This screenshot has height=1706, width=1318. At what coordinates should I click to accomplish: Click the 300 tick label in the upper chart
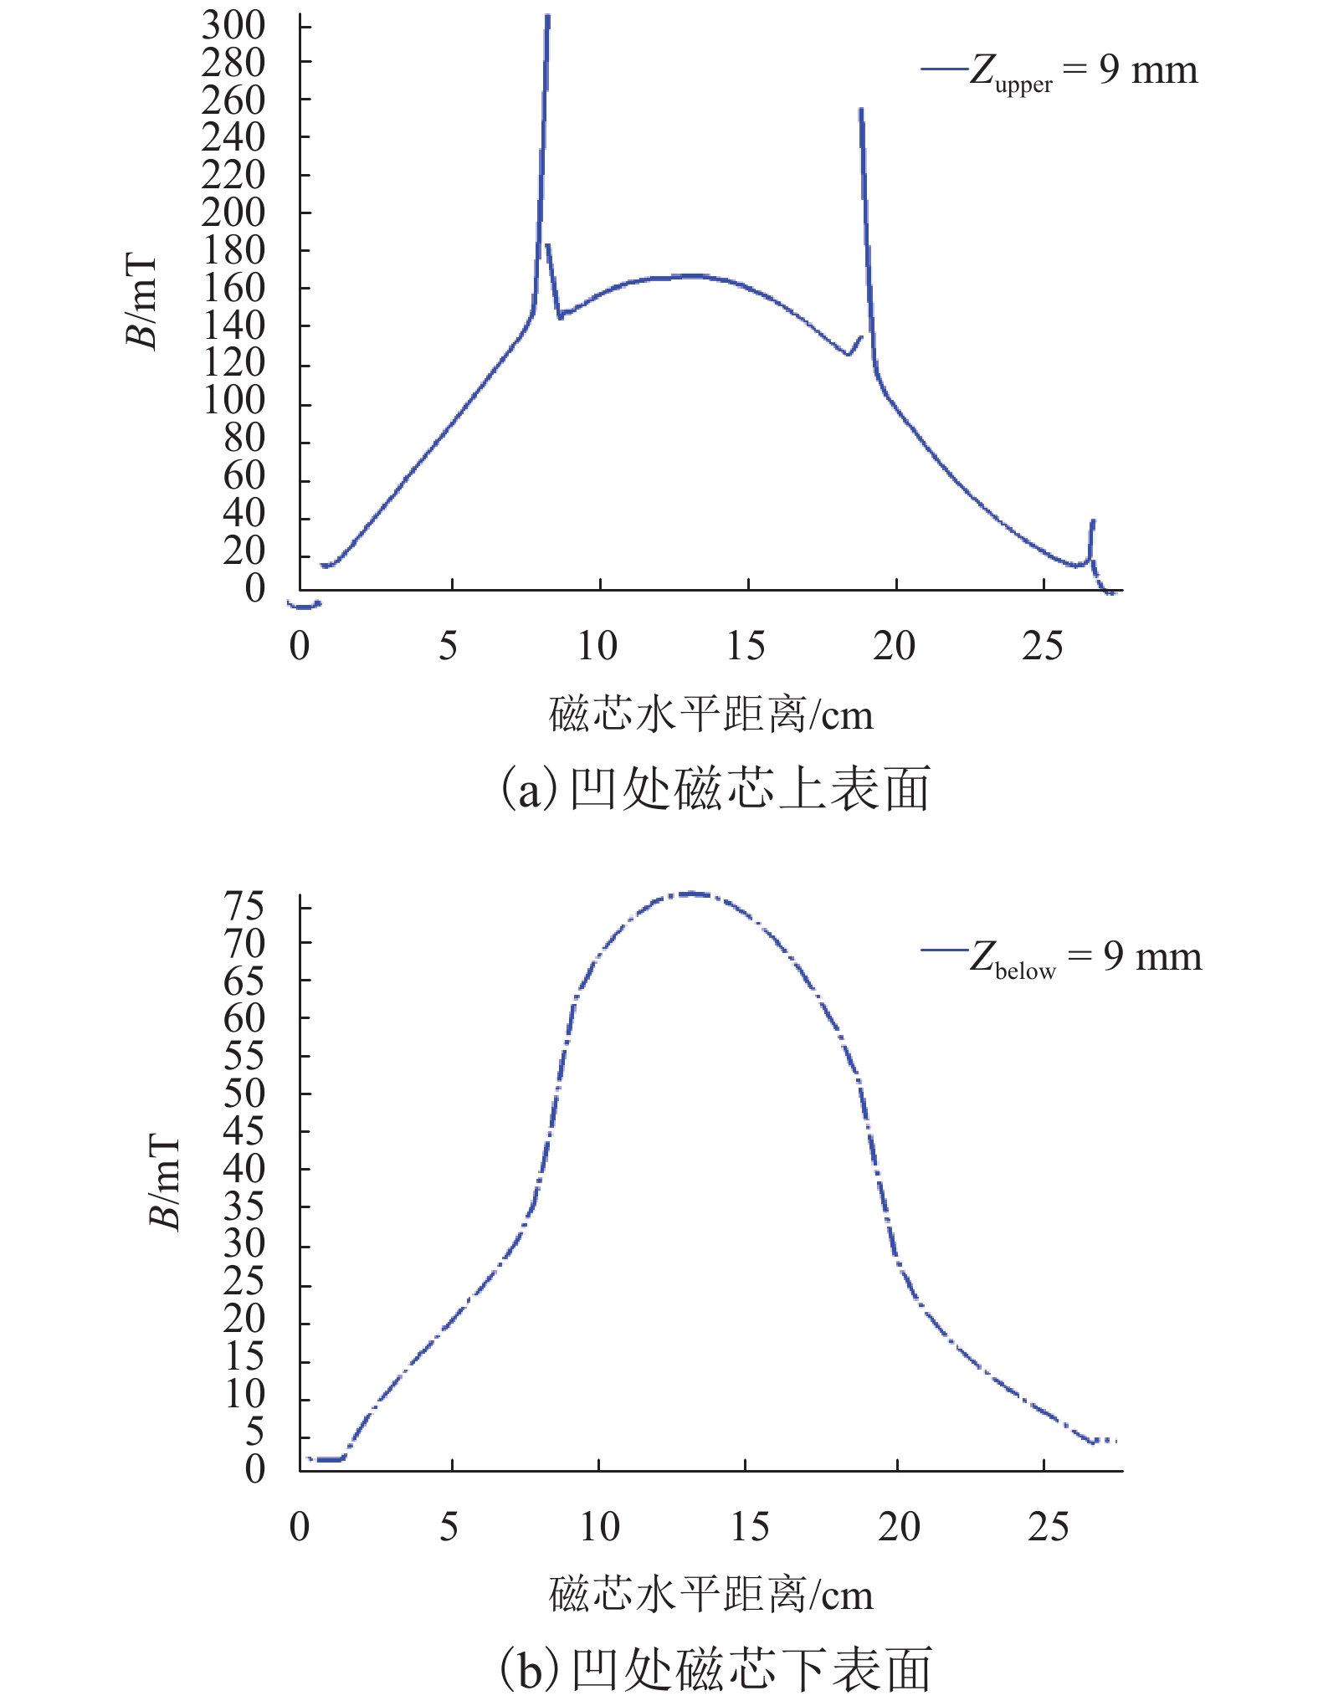(233, 25)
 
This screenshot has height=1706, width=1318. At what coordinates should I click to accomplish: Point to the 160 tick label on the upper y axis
(233, 288)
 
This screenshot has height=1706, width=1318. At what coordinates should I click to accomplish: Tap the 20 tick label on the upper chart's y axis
(244, 551)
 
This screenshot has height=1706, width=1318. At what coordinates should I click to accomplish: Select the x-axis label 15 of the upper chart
(745, 646)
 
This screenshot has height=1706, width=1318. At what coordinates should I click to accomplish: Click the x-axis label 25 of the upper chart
(1042, 646)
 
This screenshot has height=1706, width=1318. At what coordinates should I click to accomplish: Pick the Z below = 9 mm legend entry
(1062, 956)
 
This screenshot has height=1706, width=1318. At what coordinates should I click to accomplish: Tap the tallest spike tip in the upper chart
(547, 17)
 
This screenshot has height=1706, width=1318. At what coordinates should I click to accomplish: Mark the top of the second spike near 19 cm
(860, 110)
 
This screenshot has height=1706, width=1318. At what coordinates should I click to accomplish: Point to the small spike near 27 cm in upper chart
(1093, 522)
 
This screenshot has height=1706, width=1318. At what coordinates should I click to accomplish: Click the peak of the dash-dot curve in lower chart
(691, 894)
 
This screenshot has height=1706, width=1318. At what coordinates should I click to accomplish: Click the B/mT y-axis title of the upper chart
(141, 300)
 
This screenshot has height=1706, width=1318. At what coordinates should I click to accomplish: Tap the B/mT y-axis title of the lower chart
(164, 1181)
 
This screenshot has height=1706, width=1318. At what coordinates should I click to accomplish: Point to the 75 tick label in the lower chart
(244, 906)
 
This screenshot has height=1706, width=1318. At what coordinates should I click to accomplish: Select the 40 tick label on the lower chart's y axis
(244, 1169)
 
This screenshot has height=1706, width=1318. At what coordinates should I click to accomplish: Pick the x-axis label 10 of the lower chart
(599, 1527)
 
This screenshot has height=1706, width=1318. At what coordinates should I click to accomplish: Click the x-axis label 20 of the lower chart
(898, 1527)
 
